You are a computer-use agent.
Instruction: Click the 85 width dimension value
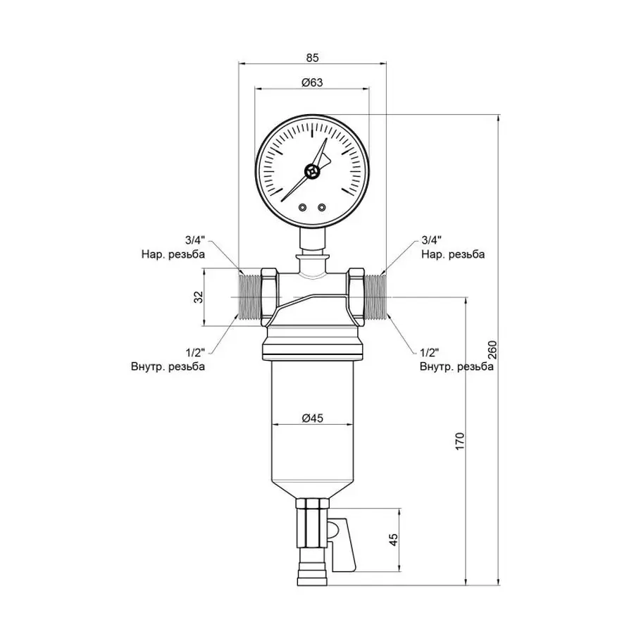pyautogui.click(x=313, y=56)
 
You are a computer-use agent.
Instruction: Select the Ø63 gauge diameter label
pyautogui.click(x=311, y=82)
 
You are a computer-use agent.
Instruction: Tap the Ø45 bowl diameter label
pyautogui.click(x=311, y=418)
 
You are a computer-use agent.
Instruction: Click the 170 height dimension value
pyautogui.click(x=459, y=440)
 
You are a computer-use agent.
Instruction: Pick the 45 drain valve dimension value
pyautogui.click(x=394, y=539)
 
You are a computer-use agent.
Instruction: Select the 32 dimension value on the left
pyautogui.click(x=198, y=297)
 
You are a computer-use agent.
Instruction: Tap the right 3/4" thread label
pyautogui.click(x=430, y=240)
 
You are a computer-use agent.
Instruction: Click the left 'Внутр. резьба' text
pyautogui.click(x=168, y=366)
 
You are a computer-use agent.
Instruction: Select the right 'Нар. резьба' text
pyautogui.click(x=452, y=254)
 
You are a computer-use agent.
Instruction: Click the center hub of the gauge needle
pyautogui.click(x=312, y=171)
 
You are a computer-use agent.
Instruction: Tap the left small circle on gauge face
pyautogui.click(x=302, y=207)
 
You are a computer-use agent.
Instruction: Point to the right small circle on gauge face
pyautogui.click(x=322, y=207)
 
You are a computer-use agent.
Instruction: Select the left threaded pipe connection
pyautogui.click(x=250, y=297)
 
